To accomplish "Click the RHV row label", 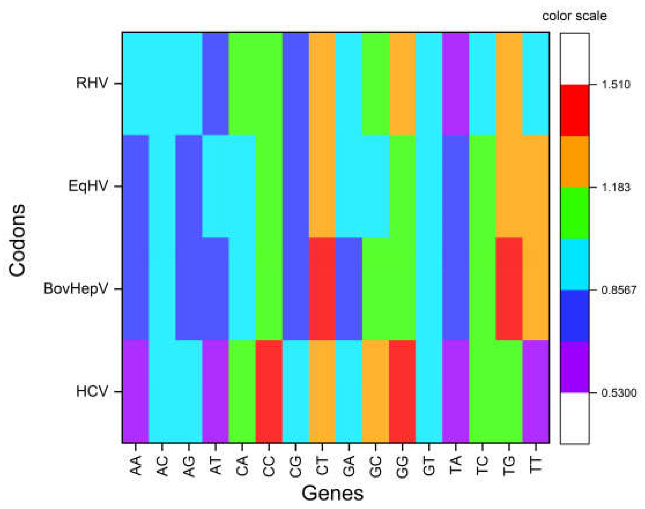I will point(92,83).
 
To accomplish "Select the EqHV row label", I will point(88,186).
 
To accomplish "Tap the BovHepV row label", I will point(75,288).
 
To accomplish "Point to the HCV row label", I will point(92,391).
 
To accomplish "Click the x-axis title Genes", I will point(332,493).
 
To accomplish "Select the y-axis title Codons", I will point(17,240).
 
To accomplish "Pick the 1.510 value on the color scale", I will point(616,85).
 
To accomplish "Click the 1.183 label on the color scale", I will point(616,187).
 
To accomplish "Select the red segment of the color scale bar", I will point(574,110).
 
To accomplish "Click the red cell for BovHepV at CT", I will point(322,288).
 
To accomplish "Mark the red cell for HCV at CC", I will point(269,391).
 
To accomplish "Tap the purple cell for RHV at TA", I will point(455,83).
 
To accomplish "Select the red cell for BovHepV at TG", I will point(509,288).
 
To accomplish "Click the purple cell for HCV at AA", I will point(135,391).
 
